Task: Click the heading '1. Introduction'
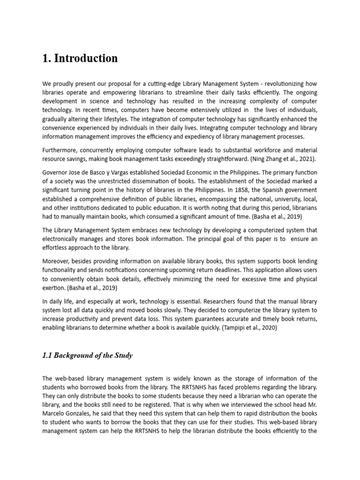80,59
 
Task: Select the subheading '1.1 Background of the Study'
88,355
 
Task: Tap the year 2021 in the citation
306,158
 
